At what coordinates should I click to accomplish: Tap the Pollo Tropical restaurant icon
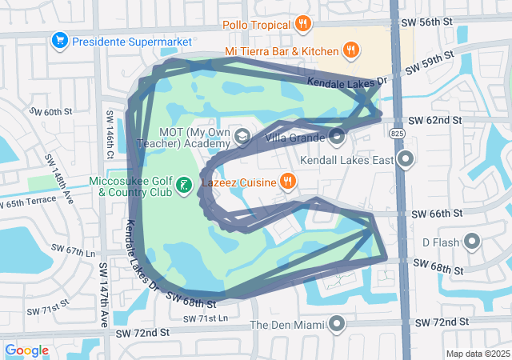click(302, 23)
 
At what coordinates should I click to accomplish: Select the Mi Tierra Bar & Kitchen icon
click(350, 51)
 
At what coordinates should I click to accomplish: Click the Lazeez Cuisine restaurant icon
click(288, 181)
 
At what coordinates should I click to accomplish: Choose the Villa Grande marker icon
click(337, 136)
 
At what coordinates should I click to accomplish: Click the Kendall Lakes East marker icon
click(406, 159)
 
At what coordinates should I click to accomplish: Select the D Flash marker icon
click(471, 242)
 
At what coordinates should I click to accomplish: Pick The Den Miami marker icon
click(337, 324)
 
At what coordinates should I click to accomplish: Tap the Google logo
click(27, 350)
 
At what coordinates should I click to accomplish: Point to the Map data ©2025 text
click(477, 354)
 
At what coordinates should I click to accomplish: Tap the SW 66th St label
click(437, 214)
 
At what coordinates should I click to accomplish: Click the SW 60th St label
click(51, 111)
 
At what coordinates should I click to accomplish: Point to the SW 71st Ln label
click(206, 319)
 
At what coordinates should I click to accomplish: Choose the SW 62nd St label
click(435, 120)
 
